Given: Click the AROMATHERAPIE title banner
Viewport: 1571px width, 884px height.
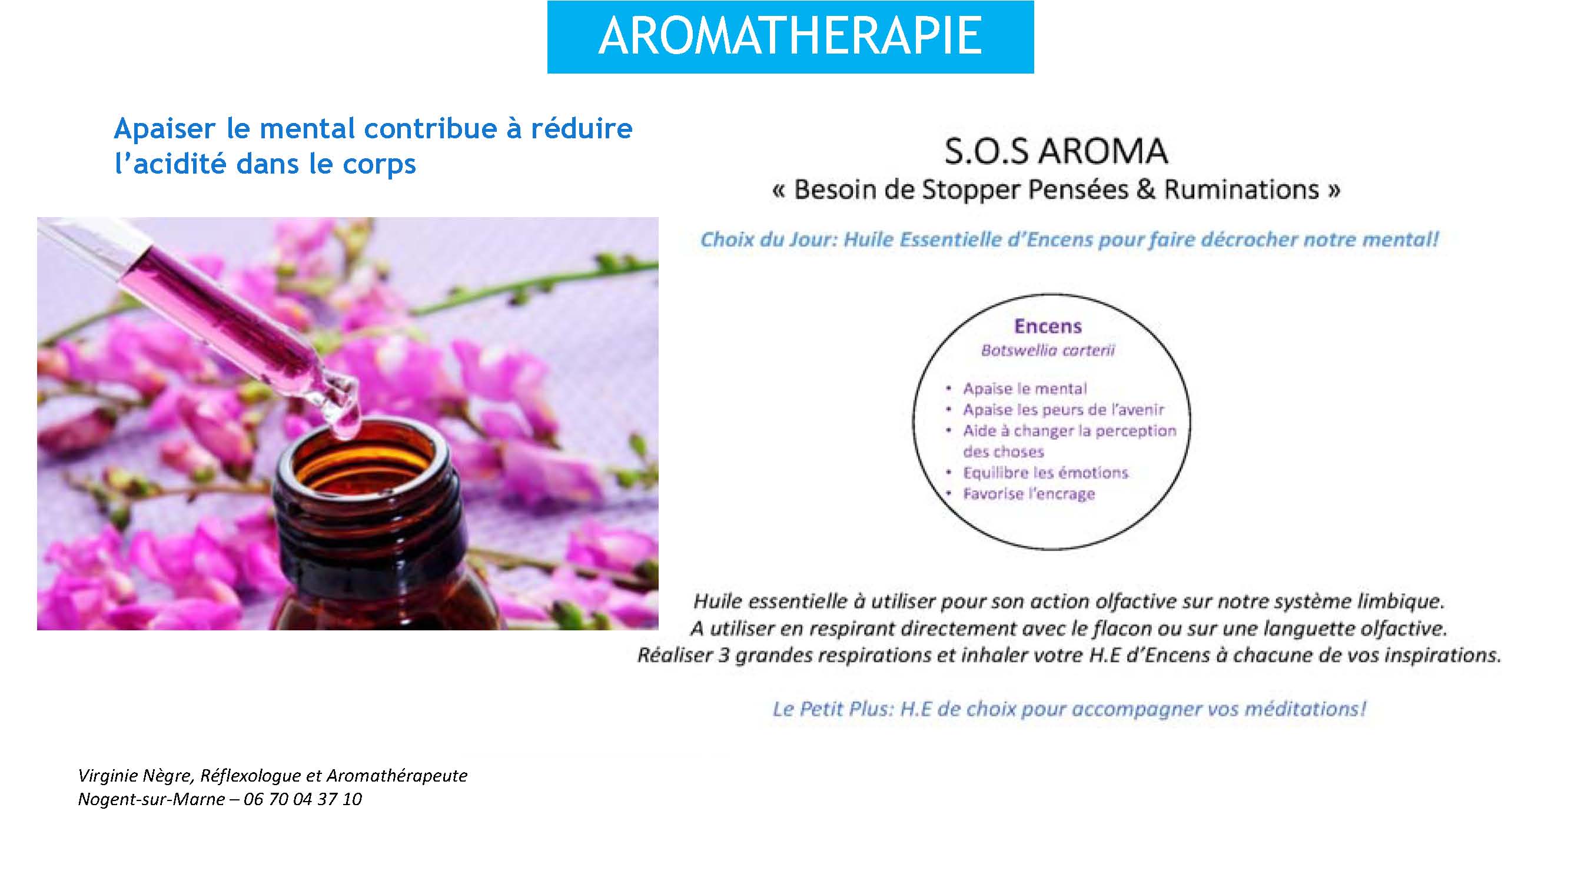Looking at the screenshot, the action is pos(791,36).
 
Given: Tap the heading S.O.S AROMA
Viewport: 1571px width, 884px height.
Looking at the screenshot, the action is pos(1055,151).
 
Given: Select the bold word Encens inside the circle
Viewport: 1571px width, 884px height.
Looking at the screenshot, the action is pos(1048,326).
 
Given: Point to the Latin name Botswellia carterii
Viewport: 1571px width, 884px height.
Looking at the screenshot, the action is pos(1048,351).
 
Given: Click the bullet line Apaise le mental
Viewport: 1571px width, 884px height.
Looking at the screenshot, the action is pos(1025,389).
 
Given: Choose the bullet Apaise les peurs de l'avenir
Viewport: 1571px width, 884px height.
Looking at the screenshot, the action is pos(1064,410).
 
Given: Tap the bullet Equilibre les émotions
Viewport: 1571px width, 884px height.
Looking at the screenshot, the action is pos(1045,473).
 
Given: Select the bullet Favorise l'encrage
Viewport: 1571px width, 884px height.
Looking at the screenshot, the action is pos(1029,494).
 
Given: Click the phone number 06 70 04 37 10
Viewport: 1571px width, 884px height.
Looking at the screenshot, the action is pos(303,799).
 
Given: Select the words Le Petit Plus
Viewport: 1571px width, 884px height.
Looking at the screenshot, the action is pos(832,709).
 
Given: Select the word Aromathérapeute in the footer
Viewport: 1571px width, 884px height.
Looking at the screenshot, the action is pos(397,776).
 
